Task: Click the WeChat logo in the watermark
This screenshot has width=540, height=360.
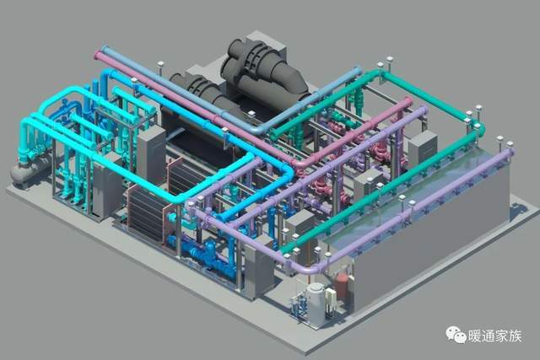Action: (x=456, y=335)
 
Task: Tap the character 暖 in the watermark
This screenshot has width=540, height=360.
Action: (x=474, y=336)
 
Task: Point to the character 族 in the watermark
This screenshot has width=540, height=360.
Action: (x=516, y=336)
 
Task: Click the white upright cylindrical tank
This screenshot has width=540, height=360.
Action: (x=316, y=302)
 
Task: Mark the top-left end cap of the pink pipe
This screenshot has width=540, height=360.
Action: (x=98, y=55)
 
